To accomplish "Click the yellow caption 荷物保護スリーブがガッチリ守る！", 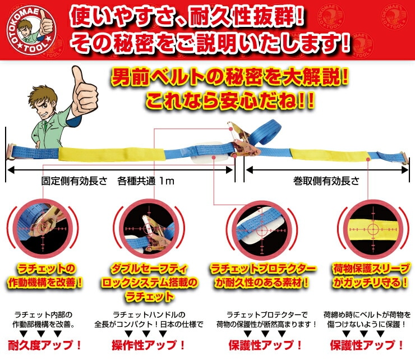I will pyautogui.click(x=370, y=274).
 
